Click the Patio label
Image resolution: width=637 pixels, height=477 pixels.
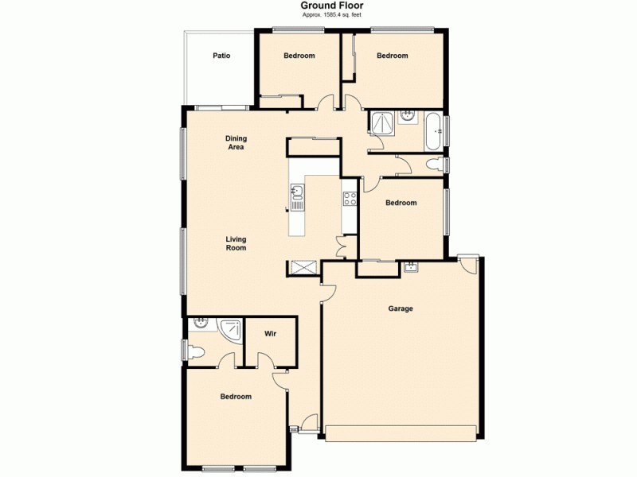click(x=221, y=56)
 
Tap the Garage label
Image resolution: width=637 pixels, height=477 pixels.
click(x=401, y=308)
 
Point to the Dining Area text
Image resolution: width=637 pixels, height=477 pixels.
click(x=235, y=143)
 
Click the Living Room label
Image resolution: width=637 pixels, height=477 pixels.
click(x=236, y=243)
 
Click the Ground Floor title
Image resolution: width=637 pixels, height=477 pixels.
click(x=332, y=6)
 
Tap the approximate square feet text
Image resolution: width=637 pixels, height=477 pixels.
click(x=332, y=15)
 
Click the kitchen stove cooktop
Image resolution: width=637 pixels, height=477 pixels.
click(x=349, y=199)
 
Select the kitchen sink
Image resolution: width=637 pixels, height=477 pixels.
click(x=297, y=195)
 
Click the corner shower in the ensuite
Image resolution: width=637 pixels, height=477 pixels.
click(x=232, y=328)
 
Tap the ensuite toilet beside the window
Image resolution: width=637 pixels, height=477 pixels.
click(x=196, y=350)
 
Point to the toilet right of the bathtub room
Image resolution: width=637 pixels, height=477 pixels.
click(x=434, y=165)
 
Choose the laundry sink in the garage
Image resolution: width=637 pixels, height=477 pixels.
click(x=411, y=267)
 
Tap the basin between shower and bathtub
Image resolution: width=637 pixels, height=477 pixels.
click(x=408, y=117)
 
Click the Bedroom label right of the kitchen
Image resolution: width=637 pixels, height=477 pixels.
click(x=401, y=203)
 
